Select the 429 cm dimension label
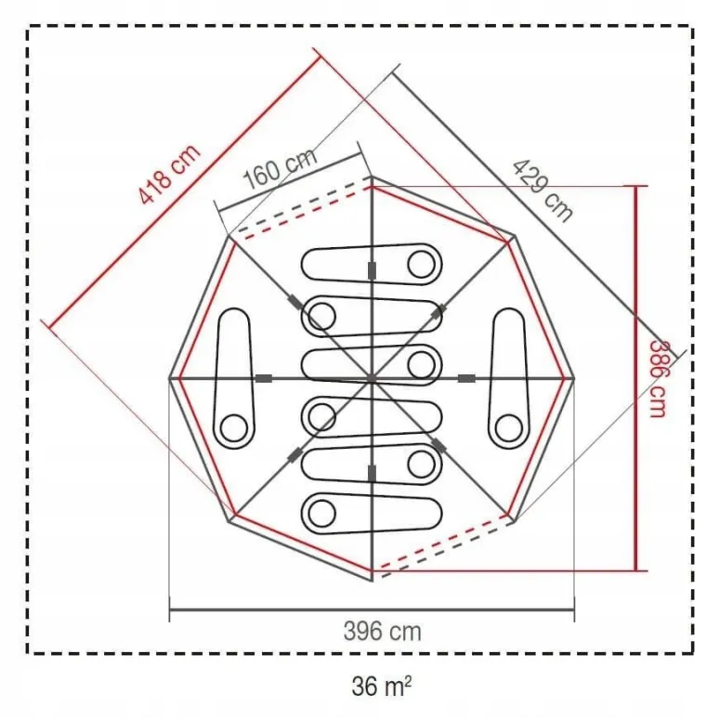click(x=543, y=190)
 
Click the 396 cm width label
click(x=382, y=632)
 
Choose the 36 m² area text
click(x=382, y=687)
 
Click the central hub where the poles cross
click(x=371, y=378)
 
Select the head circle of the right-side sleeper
click(x=507, y=428)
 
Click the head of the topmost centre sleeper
click(x=421, y=264)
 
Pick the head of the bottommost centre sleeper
click(x=322, y=512)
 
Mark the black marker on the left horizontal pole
click(x=264, y=378)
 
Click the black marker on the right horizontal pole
click(x=466, y=378)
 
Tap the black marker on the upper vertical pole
click(x=372, y=269)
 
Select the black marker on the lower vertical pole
click(x=372, y=474)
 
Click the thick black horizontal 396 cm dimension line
click(x=372, y=609)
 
